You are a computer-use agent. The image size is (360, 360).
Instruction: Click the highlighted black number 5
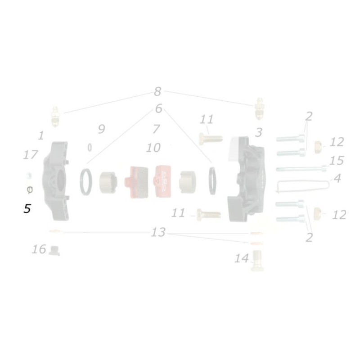(x=27, y=209)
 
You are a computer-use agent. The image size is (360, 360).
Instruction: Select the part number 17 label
(x=31, y=155)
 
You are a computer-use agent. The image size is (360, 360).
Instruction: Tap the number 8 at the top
(x=157, y=92)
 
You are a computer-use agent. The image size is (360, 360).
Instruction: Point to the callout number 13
(x=158, y=233)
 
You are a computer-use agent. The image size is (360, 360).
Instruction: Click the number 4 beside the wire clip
(x=337, y=178)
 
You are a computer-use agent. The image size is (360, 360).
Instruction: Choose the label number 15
(x=336, y=161)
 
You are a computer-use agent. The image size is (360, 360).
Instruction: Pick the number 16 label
(x=39, y=249)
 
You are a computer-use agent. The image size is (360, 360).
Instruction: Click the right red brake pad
(x=164, y=180)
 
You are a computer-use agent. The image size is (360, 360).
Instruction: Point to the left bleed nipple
(x=55, y=116)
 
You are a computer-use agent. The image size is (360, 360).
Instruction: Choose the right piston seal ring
(x=212, y=181)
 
